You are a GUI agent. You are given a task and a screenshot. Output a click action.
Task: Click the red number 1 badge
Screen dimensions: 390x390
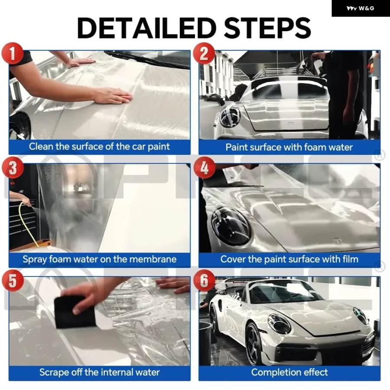pyautogui.click(x=13, y=53)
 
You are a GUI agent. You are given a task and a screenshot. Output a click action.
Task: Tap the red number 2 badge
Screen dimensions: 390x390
pyautogui.click(x=204, y=53)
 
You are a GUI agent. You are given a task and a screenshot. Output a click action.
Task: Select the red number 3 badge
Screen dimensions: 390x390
pyautogui.click(x=13, y=167)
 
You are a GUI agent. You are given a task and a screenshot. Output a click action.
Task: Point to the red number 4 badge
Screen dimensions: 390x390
pyautogui.click(x=204, y=167)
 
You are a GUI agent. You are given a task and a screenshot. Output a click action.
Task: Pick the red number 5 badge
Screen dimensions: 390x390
pyautogui.click(x=13, y=280)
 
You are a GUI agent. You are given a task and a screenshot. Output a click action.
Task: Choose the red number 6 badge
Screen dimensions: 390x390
pyautogui.click(x=204, y=280)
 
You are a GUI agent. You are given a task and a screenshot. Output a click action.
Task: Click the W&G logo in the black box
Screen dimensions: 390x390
pyautogui.click(x=360, y=9)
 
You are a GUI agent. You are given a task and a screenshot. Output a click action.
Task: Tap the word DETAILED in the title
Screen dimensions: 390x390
pyautogui.click(x=146, y=28)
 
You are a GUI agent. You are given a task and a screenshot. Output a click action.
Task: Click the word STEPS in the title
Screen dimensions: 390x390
pyautogui.click(x=267, y=28)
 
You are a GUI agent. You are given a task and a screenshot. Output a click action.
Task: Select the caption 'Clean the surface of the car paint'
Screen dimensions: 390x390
pyautogui.click(x=99, y=146)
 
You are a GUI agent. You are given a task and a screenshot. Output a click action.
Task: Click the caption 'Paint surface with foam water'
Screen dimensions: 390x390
pyautogui.click(x=289, y=147)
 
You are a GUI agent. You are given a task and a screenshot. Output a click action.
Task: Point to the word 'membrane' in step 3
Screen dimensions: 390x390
pyautogui.click(x=153, y=259)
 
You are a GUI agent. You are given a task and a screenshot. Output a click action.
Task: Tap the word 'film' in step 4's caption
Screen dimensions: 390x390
pyautogui.click(x=350, y=259)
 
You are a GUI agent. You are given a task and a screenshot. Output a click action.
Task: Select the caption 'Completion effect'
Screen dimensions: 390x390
pyautogui.click(x=289, y=372)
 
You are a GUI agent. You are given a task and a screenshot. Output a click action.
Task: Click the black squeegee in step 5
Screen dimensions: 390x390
pyautogui.click(x=75, y=312)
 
